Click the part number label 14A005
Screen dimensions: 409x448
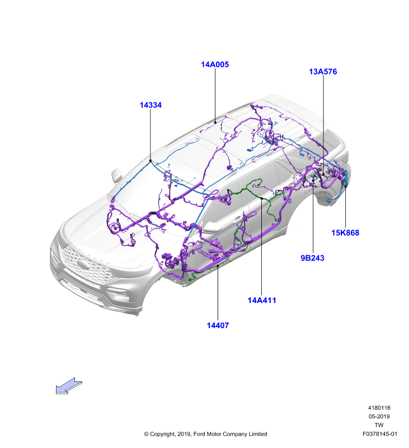[x=215, y=64]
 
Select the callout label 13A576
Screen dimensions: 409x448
[x=323, y=72]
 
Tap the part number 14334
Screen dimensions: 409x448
[x=151, y=105]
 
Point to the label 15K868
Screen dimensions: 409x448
[x=345, y=233]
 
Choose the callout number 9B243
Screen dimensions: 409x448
[x=312, y=258]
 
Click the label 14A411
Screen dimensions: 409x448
[x=262, y=300]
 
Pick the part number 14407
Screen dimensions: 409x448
[x=218, y=325]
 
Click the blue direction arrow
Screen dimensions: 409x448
[x=69, y=386]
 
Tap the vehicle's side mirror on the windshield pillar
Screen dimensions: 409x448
[x=117, y=175]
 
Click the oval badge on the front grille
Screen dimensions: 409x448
[x=83, y=264]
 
